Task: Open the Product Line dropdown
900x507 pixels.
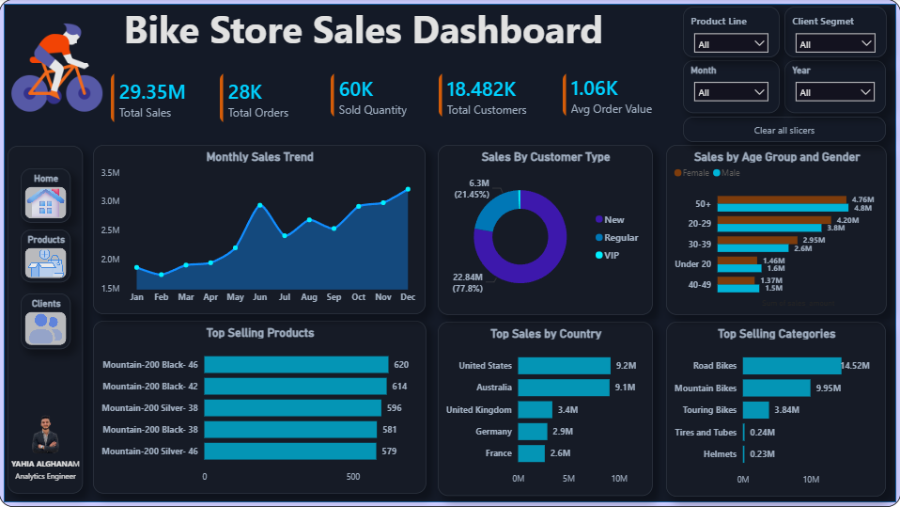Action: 731,43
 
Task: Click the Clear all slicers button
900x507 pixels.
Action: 784,131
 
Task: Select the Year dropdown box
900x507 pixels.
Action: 834,92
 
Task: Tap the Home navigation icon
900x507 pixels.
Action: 46,202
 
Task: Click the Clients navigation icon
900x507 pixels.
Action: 46,328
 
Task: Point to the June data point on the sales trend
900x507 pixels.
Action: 260,205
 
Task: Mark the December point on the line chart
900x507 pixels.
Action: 408,189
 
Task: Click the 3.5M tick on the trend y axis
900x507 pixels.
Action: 110,172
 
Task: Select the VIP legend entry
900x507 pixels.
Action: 607,255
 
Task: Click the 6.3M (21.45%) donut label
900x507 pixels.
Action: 472,188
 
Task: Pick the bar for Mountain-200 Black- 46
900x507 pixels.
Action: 296,364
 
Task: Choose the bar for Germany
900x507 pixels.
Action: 533,432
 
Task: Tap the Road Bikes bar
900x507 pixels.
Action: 792,366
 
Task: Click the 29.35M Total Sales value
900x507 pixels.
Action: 152,92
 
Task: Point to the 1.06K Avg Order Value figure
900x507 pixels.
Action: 594,88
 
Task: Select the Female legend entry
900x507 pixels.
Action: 691,173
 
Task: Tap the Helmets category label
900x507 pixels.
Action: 720,454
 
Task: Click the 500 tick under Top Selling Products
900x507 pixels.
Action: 353,477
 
